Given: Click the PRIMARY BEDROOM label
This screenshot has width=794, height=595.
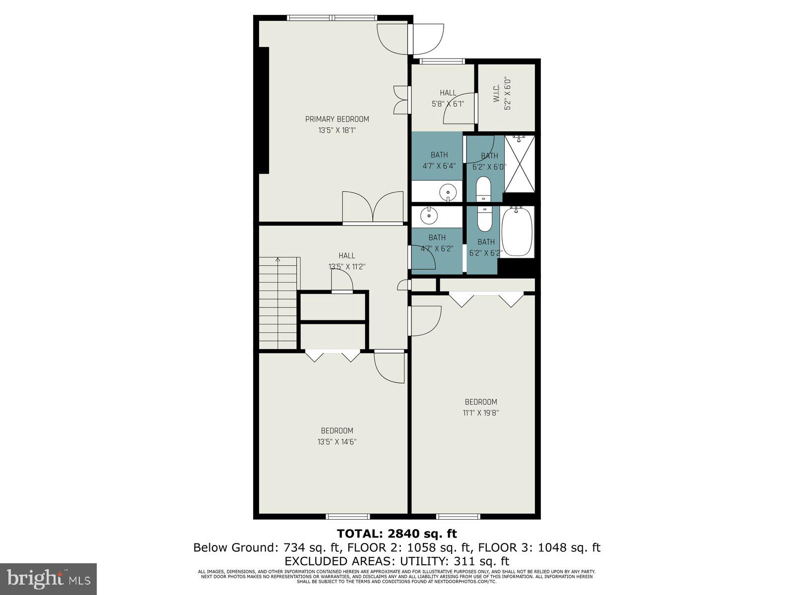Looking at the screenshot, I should (x=337, y=119).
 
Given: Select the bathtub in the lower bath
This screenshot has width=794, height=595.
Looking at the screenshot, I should (x=517, y=232).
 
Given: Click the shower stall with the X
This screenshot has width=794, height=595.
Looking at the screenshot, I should (x=520, y=164).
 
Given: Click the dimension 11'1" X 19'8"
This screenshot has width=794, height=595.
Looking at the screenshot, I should (x=480, y=413).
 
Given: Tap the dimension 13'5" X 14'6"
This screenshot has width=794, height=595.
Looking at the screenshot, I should (x=337, y=441).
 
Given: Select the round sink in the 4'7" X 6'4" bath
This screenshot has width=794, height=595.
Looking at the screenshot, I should (x=449, y=190).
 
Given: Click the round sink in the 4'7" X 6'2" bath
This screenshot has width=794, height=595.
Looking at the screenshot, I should (x=427, y=215).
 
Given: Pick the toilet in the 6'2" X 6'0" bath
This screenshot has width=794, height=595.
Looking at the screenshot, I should (x=483, y=189).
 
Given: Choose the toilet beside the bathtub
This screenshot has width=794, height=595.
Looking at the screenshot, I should (x=484, y=219).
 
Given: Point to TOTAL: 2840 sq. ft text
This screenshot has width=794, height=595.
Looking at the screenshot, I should (x=397, y=534).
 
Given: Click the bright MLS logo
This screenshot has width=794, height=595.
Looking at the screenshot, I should (x=48, y=579).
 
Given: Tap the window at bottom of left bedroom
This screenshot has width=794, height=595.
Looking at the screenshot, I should (x=348, y=516).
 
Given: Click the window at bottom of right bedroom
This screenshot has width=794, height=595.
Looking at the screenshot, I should (x=458, y=516).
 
